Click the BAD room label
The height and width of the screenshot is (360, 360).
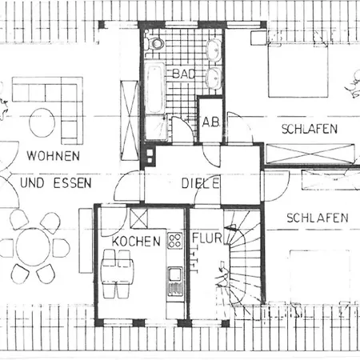[x=184, y=74]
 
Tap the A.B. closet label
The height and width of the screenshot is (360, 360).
[x=211, y=122]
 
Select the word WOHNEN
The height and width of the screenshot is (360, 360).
[x=54, y=156]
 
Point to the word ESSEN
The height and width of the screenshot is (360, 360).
[x=73, y=183]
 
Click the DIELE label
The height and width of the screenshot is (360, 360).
[x=201, y=183]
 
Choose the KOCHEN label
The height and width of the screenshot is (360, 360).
[x=136, y=242]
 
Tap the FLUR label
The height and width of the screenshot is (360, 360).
[x=207, y=238]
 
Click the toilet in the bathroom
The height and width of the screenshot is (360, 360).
[x=154, y=43]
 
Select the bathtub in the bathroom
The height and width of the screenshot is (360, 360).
[x=154, y=88]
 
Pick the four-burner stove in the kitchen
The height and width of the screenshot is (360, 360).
[x=175, y=240]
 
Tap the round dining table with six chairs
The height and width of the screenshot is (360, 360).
[x=33, y=247]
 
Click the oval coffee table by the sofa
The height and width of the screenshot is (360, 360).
[x=42, y=122]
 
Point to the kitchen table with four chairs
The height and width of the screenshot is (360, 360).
[x=118, y=274]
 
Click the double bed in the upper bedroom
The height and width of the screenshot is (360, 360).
[x=298, y=70]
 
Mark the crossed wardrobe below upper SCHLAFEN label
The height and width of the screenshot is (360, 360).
[x=310, y=154]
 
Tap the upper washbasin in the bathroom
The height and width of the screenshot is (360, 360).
[x=214, y=50]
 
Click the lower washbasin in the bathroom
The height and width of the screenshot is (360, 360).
[x=214, y=78]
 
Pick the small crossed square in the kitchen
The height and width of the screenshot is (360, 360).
[x=138, y=218]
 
